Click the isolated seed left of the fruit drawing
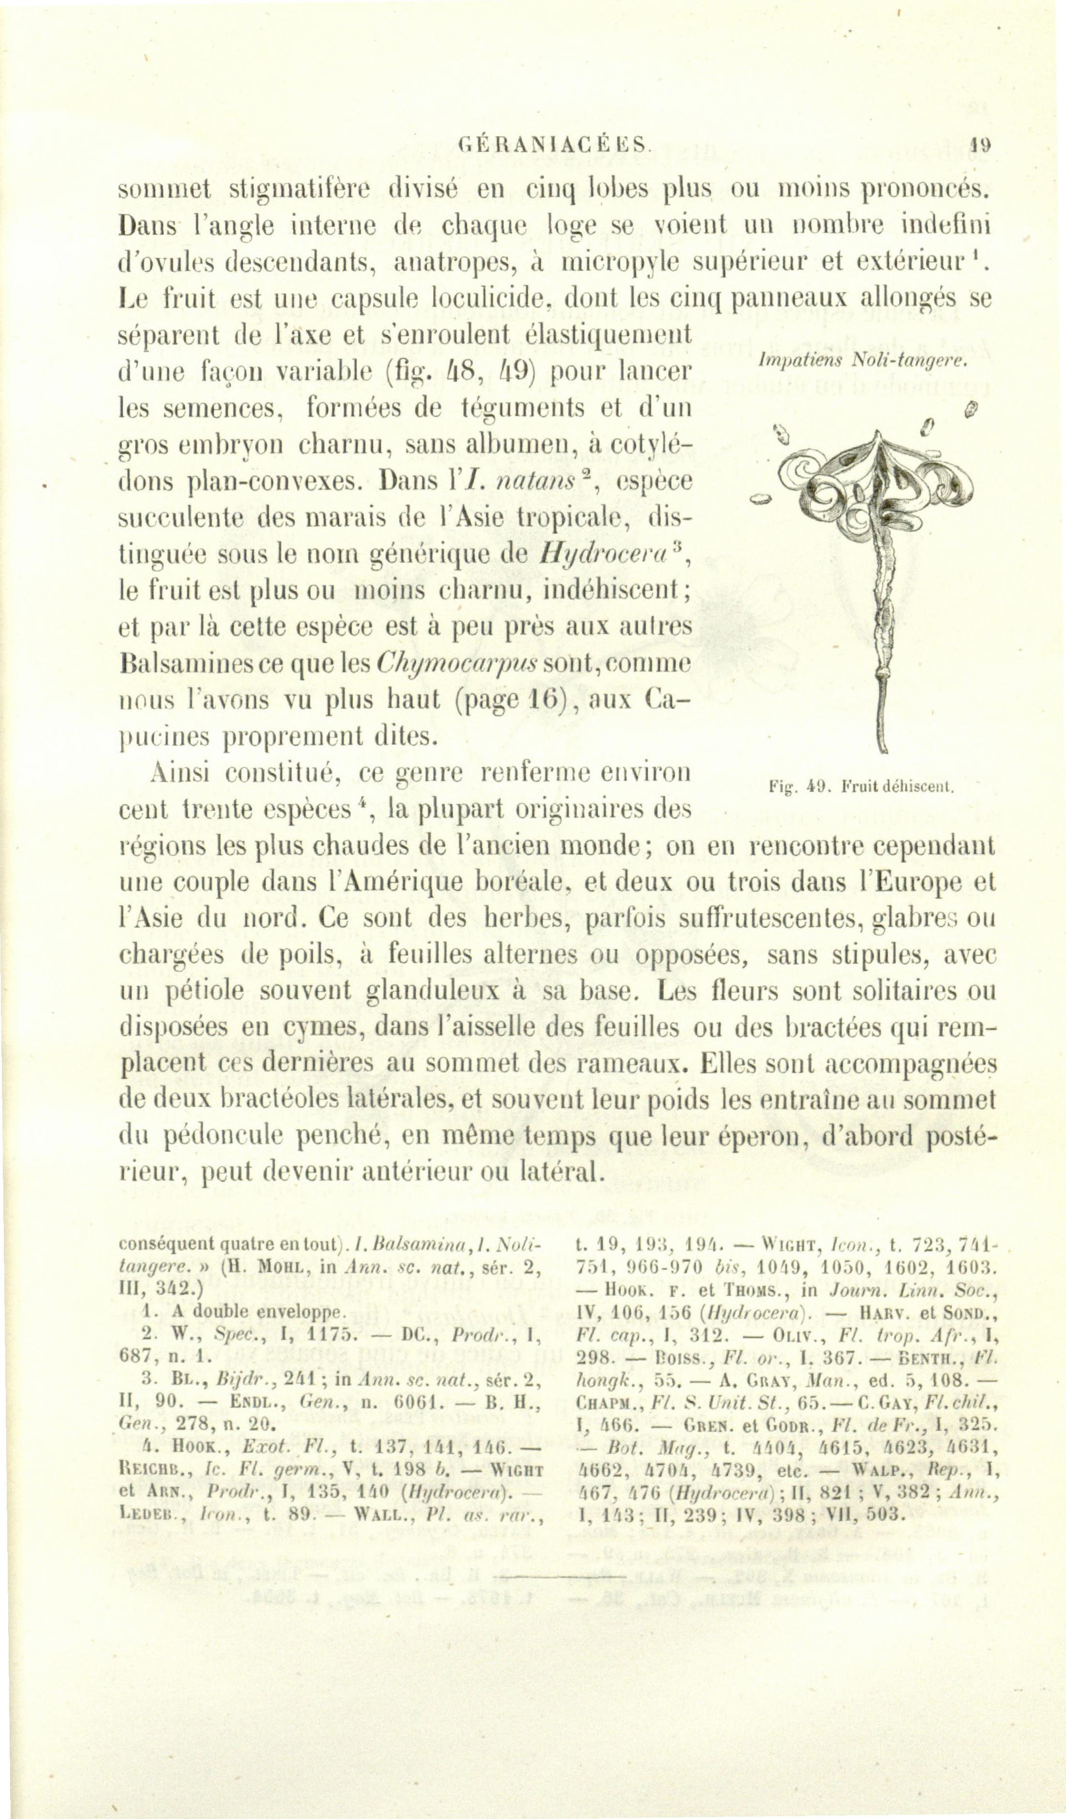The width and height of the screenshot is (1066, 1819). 761,498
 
